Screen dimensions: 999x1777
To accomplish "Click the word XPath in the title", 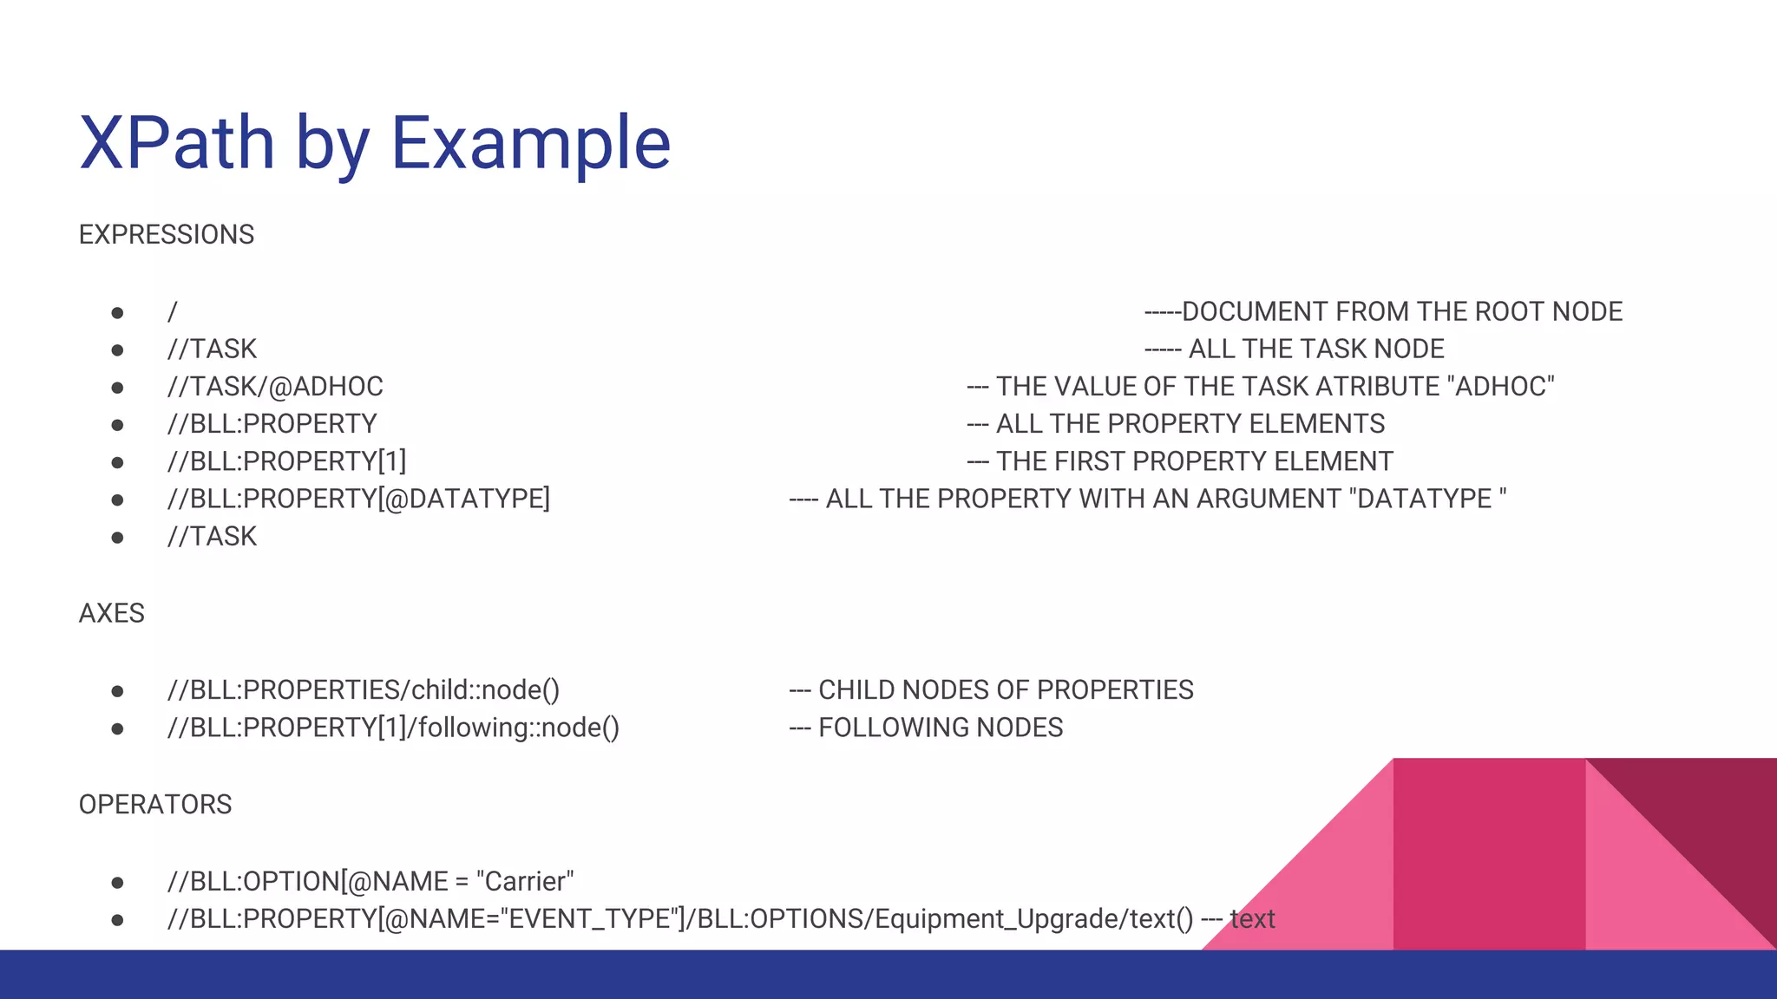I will pyautogui.click(x=177, y=143).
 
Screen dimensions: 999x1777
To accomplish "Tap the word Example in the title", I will pyautogui.click(x=531, y=143).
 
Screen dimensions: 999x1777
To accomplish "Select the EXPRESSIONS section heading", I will pyautogui.click(x=167, y=235).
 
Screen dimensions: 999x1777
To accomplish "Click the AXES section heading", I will pyautogui.click(x=112, y=614).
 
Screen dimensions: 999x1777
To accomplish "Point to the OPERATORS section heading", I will pyautogui.click(x=155, y=805).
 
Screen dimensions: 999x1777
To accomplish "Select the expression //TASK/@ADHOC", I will pyautogui.click(x=275, y=387).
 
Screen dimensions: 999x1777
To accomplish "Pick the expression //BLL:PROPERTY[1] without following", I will pyautogui.click(x=286, y=461).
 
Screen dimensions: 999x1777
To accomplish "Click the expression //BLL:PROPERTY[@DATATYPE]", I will pyautogui.click(x=358, y=499).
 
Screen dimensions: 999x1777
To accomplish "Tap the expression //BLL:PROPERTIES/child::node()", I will pyautogui.click(x=364, y=690).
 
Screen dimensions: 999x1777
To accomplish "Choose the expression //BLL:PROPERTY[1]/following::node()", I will pyautogui.click(x=393, y=728).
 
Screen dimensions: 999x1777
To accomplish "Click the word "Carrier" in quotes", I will pyautogui.click(x=525, y=882).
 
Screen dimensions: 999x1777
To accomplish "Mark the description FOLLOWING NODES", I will pyautogui.click(x=941, y=728).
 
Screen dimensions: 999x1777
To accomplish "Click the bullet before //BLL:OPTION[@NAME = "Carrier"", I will pyautogui.click(x=117, y=883).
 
